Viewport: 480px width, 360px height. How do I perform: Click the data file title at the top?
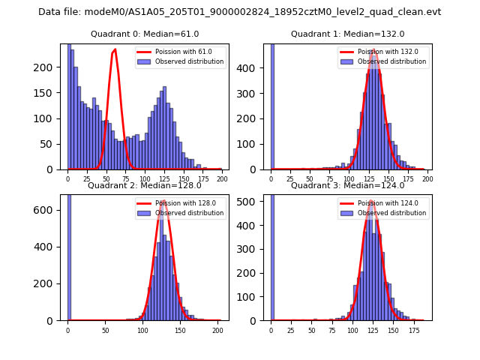click(239, 12)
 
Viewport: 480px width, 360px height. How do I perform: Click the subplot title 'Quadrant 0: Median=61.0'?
click(145, 34)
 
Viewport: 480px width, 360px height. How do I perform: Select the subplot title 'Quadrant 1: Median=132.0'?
click(347, 34)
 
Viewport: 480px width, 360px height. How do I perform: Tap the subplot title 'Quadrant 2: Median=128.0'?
click(145, 185)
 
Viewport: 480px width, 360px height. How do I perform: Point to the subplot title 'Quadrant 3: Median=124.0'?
click(347, 185)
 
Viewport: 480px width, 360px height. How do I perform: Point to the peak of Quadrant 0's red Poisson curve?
click(115, 49)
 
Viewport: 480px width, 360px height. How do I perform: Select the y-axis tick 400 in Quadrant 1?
click(254, 67)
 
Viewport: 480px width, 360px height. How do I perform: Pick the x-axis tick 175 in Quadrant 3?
click(413, 331)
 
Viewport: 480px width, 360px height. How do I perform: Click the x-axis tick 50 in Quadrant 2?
click(105, 331)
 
